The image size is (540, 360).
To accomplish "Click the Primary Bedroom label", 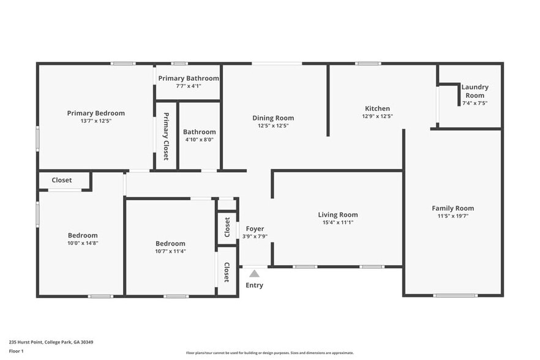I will point(96,113).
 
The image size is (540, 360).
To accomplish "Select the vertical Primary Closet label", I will point(166,136).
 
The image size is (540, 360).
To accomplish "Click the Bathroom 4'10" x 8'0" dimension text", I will point(199,140).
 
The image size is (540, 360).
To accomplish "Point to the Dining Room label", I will point(273,118).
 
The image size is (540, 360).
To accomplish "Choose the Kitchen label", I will point(377,109).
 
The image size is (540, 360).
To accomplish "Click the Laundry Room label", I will point(474,91).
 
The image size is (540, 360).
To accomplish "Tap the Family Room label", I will point(452,208).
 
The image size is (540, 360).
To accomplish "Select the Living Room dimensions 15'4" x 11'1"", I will point(337,222).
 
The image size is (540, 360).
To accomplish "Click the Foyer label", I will point(255,229).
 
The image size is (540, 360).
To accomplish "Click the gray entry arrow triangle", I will point(254,274).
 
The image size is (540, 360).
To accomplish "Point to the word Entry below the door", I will point(254,285).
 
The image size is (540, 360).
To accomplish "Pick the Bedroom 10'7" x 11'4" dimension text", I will point(170,251).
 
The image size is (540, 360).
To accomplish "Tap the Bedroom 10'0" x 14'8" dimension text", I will point(83,243).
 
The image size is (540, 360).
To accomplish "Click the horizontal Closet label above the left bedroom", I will point(61,180).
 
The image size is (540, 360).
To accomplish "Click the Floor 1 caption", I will point(17,351).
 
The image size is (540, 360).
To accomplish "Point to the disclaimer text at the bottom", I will point(269,353).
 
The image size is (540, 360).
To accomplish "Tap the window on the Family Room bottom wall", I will point(455,296).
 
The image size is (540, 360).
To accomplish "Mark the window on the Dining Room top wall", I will point(277,63).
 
